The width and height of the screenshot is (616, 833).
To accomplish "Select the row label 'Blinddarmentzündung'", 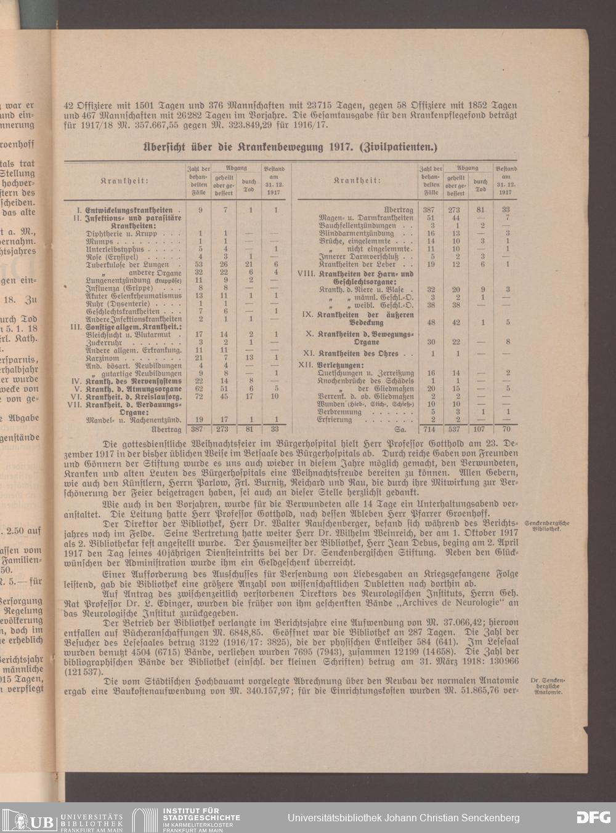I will coord(356,233).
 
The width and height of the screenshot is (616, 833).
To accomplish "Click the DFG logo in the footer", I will coord(593,818).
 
